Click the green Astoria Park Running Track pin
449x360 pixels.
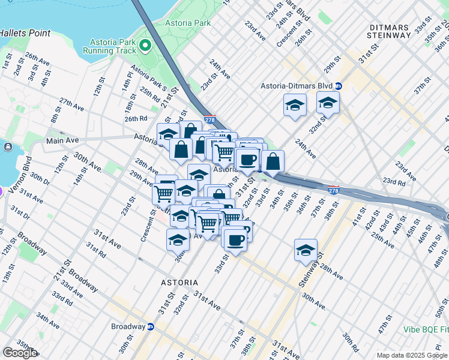(x=145, y=46)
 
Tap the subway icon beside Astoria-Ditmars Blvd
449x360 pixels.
(x=339, y=86)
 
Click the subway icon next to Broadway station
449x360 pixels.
(x=151, y=326)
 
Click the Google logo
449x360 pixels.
(x=20, y=353)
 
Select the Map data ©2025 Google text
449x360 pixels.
(x=412, y=355)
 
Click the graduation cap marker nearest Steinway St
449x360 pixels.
(x=306, y=250)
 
